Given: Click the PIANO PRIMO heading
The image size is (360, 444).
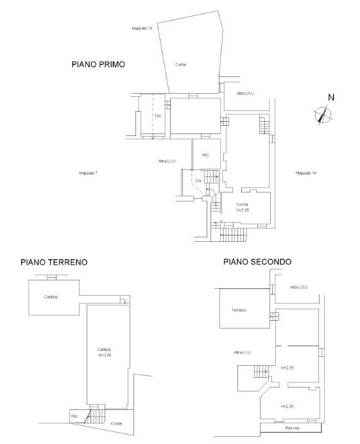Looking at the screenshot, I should pos(101,65).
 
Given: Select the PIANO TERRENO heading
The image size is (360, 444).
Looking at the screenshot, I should pos(54,262).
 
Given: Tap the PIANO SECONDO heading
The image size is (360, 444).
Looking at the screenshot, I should pos(257,262).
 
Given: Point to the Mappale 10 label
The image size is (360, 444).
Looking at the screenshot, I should pos(141,29).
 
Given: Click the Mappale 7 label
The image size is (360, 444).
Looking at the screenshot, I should pos(87,173).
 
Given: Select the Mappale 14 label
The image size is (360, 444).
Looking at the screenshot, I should pos(306,173).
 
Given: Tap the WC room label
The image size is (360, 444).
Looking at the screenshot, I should pos(205,155).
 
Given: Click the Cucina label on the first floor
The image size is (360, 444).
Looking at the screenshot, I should pos(241,203).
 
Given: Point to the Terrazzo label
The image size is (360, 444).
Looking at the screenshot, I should pos(239,310).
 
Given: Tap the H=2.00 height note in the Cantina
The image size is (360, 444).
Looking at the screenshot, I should pos(105,354).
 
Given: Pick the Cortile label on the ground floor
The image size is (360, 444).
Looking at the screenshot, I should pos(116,423).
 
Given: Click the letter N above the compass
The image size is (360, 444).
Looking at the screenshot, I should pos(331,98).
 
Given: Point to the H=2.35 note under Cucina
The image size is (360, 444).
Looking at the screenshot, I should pos(242,210).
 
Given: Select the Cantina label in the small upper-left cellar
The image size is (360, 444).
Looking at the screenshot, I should pos(51,296).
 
